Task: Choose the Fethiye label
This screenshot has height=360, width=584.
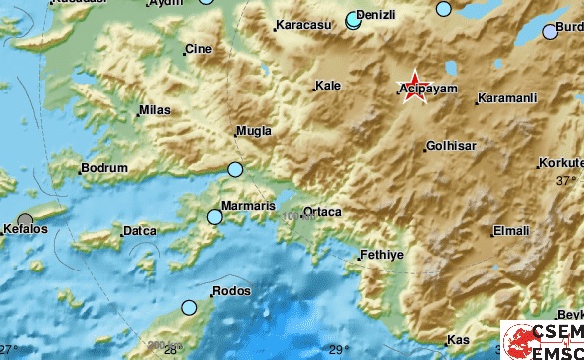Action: [x=379, y=255]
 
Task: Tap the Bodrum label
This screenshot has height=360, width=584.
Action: [x=103, y=169]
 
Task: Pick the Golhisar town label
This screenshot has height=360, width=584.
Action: [x=451, y=146]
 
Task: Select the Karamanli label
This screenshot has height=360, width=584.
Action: [x=507, y=99]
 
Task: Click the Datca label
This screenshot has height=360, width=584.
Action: [x=138, y=231]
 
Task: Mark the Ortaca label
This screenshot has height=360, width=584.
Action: [x=322, y=212]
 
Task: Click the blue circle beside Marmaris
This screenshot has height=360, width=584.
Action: [x=214, y=216]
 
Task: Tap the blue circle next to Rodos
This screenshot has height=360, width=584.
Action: [x=189, y=308]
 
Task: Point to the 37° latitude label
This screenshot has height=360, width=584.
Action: [x=566, y=180]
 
